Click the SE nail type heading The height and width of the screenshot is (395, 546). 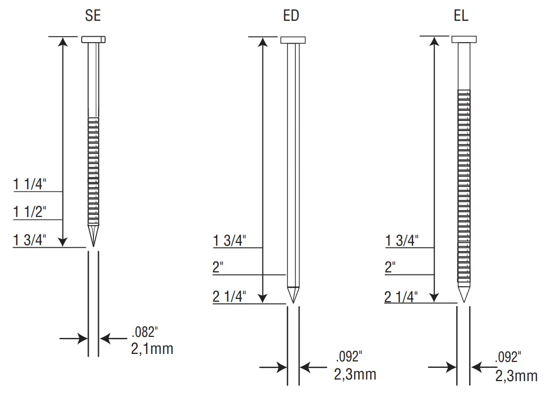(x=93, y=15)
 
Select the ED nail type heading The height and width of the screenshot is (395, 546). (x=291, y=15)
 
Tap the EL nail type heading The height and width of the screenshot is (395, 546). (x=461, y=15)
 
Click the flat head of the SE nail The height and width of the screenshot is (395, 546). (x=93, y=39)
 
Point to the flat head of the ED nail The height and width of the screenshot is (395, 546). (x=293, y=40)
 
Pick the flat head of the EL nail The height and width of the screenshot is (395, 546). (x=464, y=39)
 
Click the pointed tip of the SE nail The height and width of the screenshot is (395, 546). (x=93, y=246)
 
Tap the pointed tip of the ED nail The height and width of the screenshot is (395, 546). (x=293, y=303)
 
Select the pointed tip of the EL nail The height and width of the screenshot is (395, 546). (x=464, y=302)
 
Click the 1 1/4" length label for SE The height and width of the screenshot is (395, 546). (x=29, y=184)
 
